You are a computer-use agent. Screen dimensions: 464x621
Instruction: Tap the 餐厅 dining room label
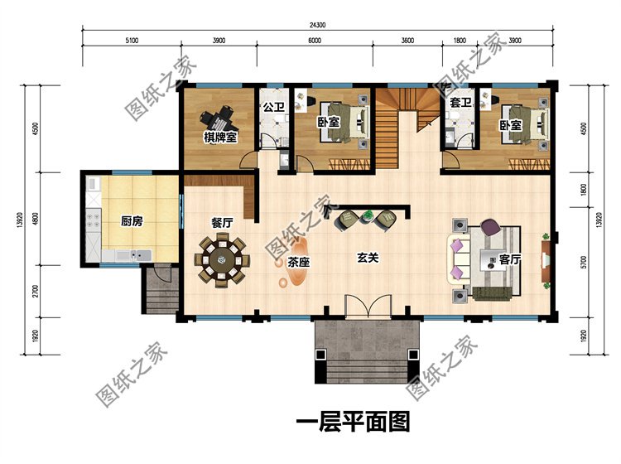[221, 222]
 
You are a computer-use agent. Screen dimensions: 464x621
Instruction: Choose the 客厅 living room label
[511, 259]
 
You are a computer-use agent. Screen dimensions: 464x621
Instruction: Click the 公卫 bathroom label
[273, 107]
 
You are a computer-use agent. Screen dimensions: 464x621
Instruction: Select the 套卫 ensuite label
[460, 103]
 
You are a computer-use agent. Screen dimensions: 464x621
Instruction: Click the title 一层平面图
[353, 423]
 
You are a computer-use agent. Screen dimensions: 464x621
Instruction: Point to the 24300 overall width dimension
[316, 24]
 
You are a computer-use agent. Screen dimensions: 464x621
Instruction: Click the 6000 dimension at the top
[315, 40]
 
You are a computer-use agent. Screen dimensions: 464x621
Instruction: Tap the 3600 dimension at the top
[407, 40]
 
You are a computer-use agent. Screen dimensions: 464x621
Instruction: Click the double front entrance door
[366, 307]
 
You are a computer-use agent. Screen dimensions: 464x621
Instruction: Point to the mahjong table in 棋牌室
[220, 117]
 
